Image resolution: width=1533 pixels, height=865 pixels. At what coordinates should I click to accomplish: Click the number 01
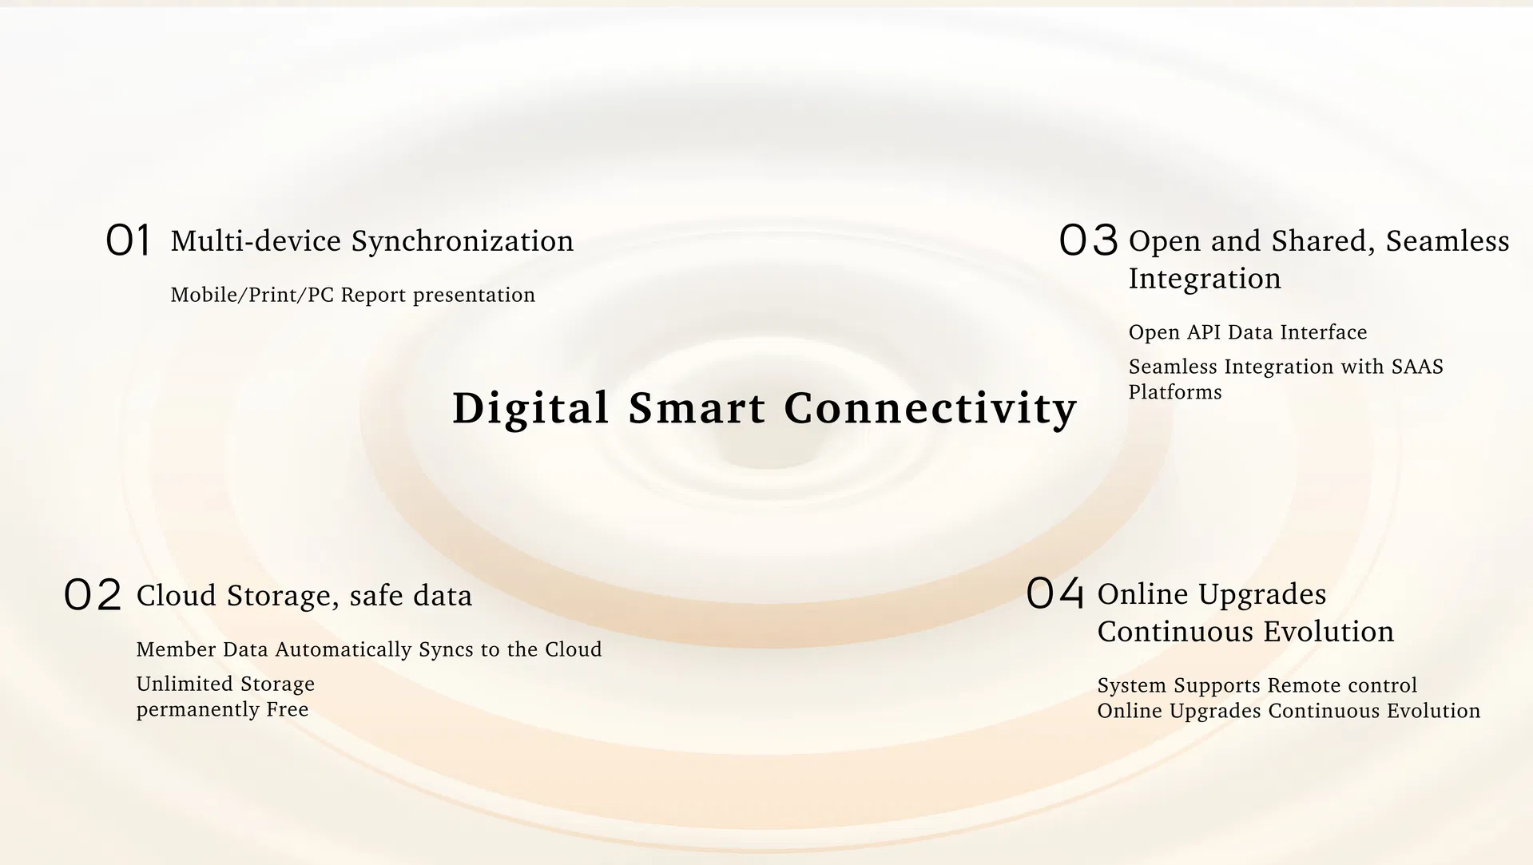tap(128, 240)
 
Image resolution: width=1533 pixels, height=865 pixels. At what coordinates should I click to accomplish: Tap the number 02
tap(93, 595)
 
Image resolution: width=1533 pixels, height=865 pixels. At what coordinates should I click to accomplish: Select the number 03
tap(1088, 240)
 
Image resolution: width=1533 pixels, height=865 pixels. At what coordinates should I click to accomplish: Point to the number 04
tap(1055, 593)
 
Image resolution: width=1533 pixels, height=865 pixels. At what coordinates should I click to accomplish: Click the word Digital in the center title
tap(530, 408)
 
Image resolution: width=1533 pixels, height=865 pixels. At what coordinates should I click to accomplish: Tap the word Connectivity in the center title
tap(931, 408)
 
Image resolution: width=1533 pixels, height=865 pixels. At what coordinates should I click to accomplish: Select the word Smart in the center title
tap(697, 408)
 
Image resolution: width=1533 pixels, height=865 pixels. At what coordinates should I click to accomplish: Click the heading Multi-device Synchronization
tap(372, 240)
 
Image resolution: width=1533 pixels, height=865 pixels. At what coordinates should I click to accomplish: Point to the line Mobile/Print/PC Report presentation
tap(353, 295)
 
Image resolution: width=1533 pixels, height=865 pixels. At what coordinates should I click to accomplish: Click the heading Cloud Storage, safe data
tap(304, 596)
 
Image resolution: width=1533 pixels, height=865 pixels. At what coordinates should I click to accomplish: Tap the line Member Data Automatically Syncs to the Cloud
tap(369, 649)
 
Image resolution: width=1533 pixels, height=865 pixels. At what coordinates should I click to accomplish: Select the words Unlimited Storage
tap(225, 684)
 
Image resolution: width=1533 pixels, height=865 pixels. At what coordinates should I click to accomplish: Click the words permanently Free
tap(222, 709)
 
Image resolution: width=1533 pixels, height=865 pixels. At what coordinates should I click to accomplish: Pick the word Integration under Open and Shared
tap(1205, 279)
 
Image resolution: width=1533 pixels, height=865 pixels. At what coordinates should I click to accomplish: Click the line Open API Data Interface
tap(1248, 332)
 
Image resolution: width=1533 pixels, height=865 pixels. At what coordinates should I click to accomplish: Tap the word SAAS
tap(1417, 367)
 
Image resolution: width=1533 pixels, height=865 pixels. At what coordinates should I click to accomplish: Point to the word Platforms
tap(1175, 392)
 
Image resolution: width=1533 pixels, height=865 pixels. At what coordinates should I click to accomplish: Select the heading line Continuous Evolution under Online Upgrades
tap(1245, 632)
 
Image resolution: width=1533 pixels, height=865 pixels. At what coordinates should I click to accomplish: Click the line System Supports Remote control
tap(1257, 685)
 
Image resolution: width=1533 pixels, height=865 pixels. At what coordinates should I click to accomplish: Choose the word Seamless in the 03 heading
tap(1448, 240)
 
